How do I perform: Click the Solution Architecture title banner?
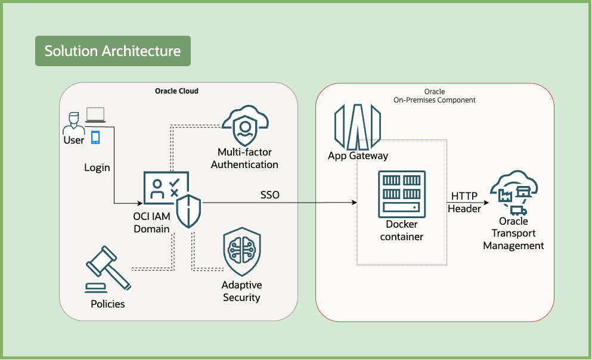[x=113, y=51]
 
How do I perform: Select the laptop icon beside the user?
[x=95, y=114]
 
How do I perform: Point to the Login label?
[x=97, y=167]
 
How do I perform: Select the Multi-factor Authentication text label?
[x=244, y=159]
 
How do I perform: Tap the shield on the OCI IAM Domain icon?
[x=189, y=210]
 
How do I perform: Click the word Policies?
[x=108, y=304]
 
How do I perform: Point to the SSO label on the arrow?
[x=269, y=195]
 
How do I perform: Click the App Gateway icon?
[x=357, y=126]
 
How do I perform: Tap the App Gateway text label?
[x=358, y=156]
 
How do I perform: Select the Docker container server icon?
[x=402, y=194]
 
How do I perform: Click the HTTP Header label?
[x=464, y=202]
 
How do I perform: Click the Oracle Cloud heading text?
[x=176, y=91]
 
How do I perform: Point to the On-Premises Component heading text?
[x=435, y=100]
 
